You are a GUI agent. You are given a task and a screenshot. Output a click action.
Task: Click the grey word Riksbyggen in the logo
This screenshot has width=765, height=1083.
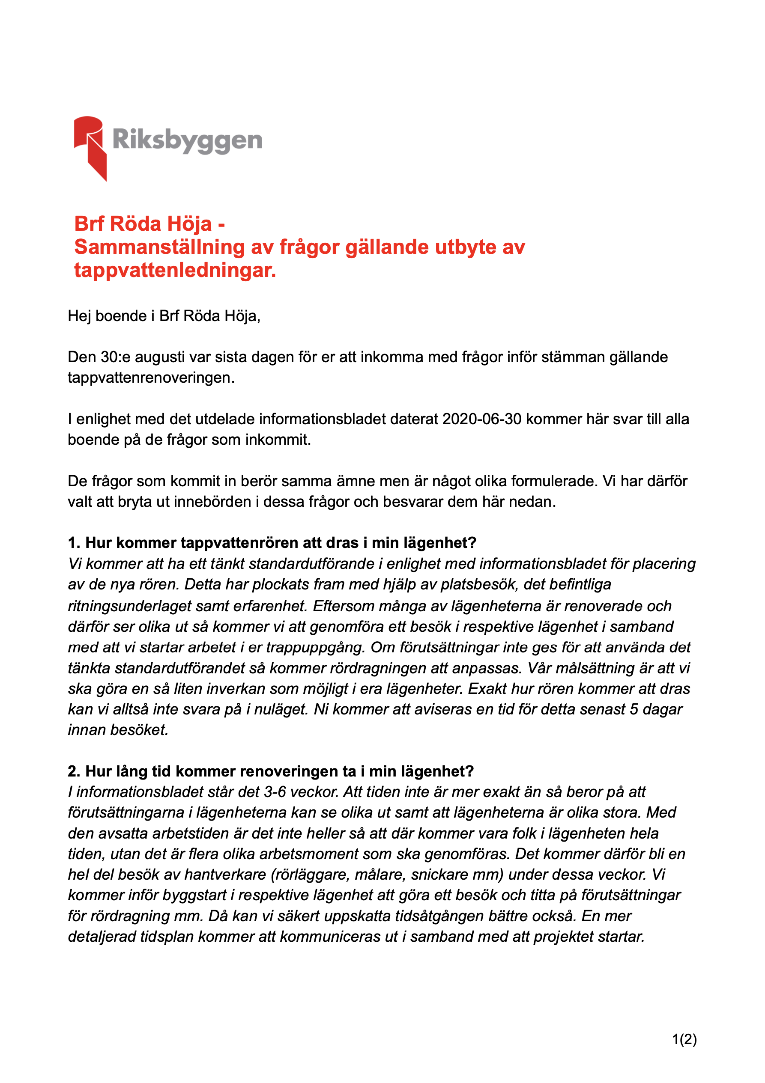point(187,140)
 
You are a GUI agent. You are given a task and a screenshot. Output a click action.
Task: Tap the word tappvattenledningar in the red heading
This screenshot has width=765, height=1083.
point(175,271)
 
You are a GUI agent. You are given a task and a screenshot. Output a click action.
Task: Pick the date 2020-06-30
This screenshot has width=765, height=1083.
point(482,419)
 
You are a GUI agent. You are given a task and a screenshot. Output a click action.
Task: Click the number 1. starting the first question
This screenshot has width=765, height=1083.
point(74,543)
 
